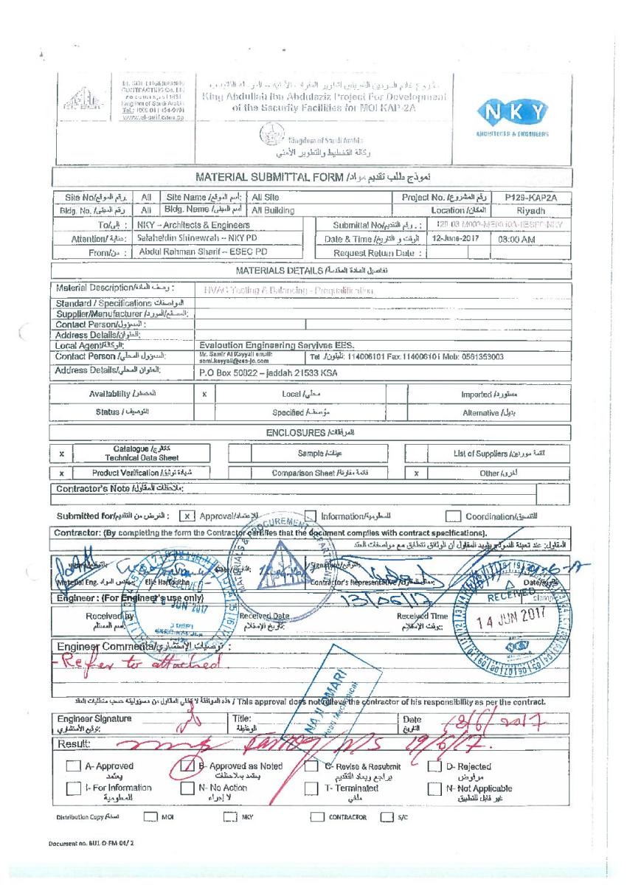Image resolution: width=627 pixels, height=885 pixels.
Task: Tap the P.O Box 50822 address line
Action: pos(269,373)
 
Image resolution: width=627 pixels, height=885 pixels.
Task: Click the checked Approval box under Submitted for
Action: pos(188,516)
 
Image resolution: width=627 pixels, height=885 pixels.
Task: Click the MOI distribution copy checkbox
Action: pos(150,816)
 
